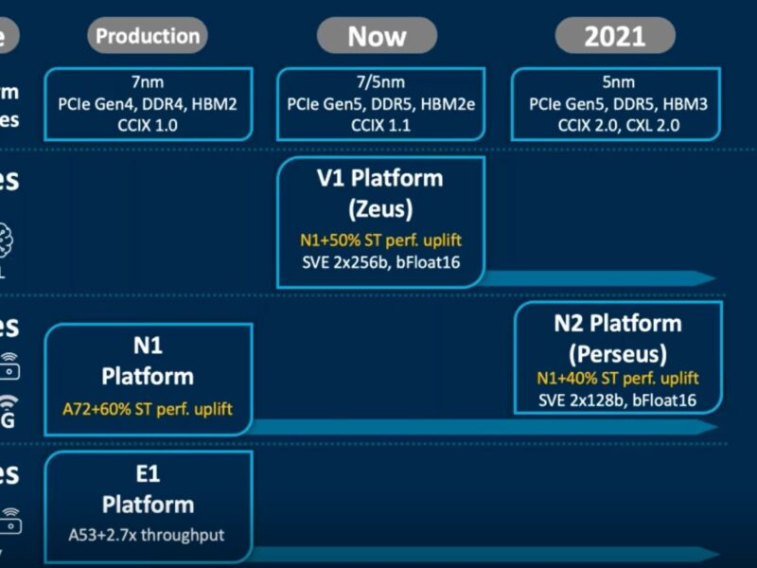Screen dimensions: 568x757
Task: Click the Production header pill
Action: (149, 37)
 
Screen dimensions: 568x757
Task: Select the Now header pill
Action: (377, 37)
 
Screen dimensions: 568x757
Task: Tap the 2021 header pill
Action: (614, 37)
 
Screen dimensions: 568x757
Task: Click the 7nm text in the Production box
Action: (149, 83)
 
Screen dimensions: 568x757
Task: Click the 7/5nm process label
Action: (380, 83)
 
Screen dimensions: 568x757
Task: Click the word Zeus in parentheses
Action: (380, 206)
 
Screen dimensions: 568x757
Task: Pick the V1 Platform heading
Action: (380, 178)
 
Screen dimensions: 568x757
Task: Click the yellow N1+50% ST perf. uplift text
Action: (380, 240)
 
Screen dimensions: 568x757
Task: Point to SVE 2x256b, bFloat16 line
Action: (380, 260)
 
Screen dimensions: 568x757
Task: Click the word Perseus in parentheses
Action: (618, 353)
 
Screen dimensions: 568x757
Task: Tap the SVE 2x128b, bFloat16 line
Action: (618, 400)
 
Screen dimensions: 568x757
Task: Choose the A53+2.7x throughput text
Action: (147, 535)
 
